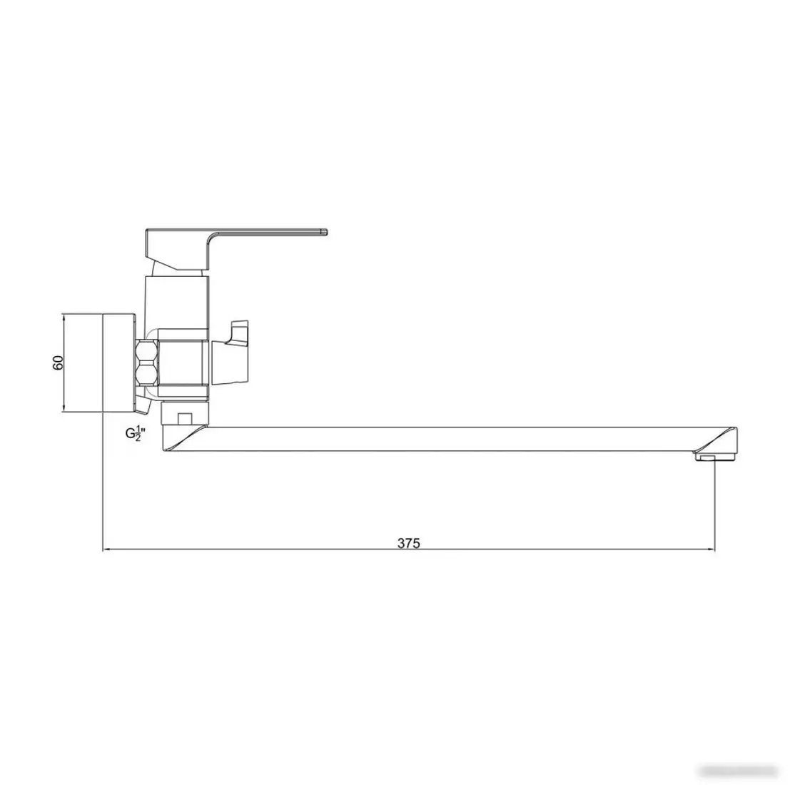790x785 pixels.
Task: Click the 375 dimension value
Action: pyautogui.click(x=409, y=543)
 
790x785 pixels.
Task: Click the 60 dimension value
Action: pyautogui.click(x=59, y=362)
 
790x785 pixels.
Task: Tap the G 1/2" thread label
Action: pyautogui.click(x=135, y=432)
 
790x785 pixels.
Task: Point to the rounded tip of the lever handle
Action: pyautogui.click(x=325, y=231)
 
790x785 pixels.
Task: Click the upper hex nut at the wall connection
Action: pyautogui.click(x=147, y=351)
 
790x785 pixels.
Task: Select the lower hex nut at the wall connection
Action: pyautogui.click(x=147, y=376)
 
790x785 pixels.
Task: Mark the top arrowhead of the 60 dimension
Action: pyautogui.click(x=64, y=317)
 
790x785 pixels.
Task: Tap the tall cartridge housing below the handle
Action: pyautogui.click(x=177, y=300)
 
